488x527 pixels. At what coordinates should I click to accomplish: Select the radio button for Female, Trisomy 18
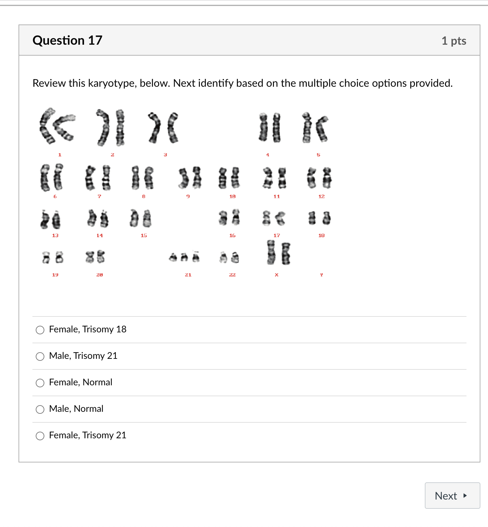tap(40, 330)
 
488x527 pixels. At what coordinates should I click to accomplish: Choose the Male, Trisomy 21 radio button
tap(40, 357)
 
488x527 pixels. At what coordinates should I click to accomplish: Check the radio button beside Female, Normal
tap(40, 383)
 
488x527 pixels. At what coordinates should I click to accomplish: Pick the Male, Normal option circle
tap(40, 409)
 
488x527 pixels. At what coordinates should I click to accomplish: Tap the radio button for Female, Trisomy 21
tap(40, 436)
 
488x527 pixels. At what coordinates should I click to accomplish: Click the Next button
tap(452, 496)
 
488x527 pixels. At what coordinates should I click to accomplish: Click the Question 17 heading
tap(67, 40)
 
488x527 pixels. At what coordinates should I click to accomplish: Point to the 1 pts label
tap(454, 41)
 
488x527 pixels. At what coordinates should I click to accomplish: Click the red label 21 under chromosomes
tap(188, 275)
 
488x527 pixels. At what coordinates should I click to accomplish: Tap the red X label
tap(277, 275)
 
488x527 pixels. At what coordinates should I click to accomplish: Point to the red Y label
tap(321, 275)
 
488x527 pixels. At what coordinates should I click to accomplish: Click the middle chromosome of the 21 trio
tap(184, 257)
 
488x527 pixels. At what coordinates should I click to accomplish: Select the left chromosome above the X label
tap(271, 253)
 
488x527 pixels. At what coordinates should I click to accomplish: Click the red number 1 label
tap(60, 155)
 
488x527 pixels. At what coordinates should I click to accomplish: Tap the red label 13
tap(55, 235)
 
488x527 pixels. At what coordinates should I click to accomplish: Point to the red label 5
tap(318, 155)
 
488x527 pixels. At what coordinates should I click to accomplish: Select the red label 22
tap(232, 275)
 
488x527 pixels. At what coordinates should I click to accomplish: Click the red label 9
tap(188, 196)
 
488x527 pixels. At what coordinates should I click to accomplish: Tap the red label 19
tap(55, 275)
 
